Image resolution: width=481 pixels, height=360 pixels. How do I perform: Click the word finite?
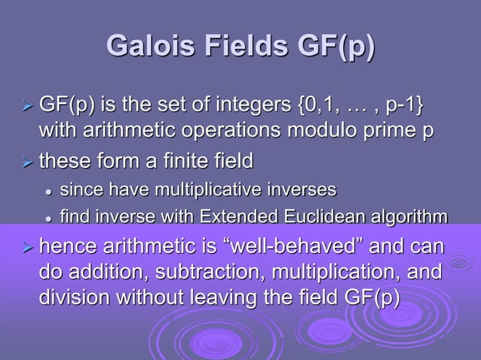click(x=170, y=161)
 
